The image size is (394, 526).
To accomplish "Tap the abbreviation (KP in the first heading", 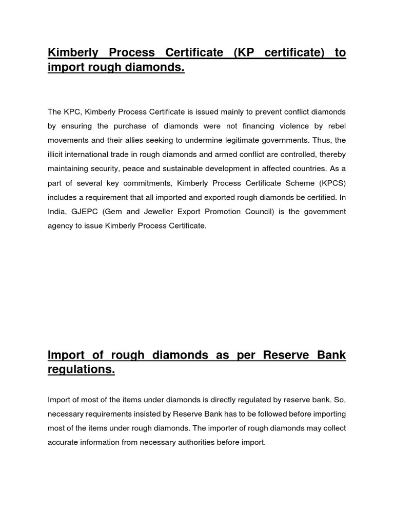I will pyautogui.click(x=243, y=53).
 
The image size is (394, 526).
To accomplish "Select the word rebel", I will pyautogui.click(x=336, y=126).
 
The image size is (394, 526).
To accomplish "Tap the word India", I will pyautogui.click(x=56, y=212).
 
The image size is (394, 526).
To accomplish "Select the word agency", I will pyautogui.click(x=60, y=226).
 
